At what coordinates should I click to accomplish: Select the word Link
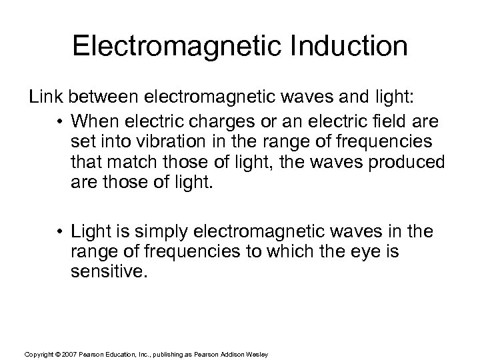(43, 98)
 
